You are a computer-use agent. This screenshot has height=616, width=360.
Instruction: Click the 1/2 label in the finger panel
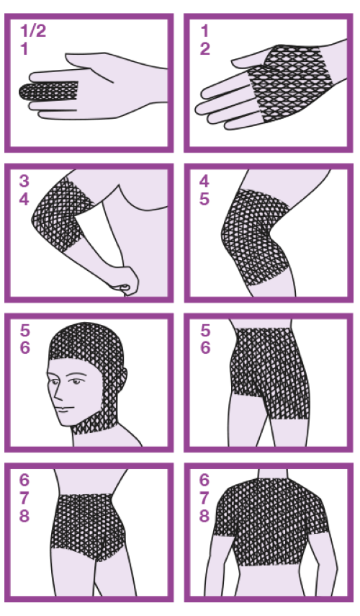click(33, 31)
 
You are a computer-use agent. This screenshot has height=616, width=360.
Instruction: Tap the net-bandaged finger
click(48, 91)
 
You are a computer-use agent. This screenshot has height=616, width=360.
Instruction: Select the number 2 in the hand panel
click(205, 49)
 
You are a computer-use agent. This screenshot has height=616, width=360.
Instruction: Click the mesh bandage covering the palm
click(289, 83)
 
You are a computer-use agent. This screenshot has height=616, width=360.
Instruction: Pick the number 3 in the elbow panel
click(24, 181)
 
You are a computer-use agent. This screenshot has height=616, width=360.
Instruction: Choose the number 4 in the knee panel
click(204, 181)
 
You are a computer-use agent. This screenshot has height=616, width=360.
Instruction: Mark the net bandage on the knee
click(255, 236)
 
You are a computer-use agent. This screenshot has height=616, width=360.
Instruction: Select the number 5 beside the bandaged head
click(24, 331)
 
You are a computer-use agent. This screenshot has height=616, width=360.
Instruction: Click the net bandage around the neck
click(94, 428)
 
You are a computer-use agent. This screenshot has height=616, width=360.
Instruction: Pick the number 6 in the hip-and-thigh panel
click(205, 348)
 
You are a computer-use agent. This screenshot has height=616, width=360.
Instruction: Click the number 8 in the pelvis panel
click(24, 516)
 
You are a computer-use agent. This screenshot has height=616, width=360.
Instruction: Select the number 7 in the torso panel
click(204, 498)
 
